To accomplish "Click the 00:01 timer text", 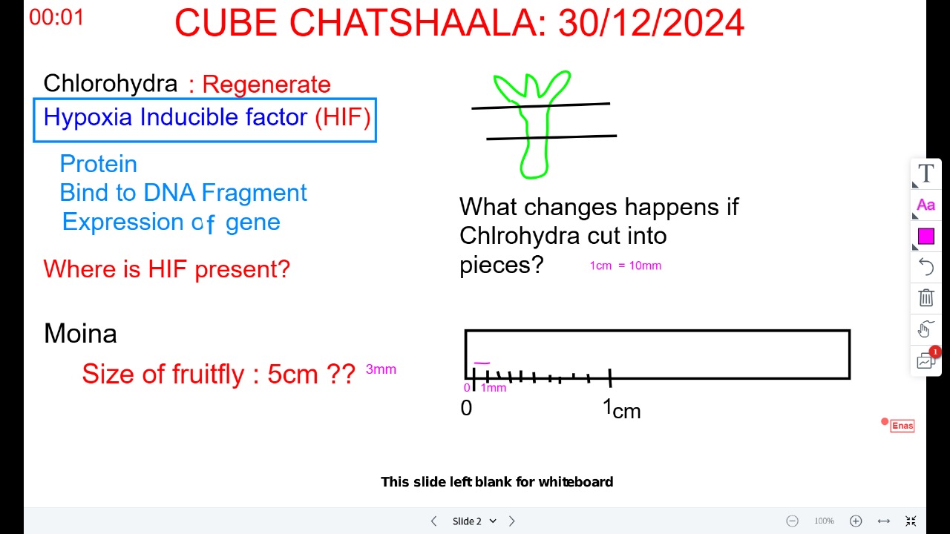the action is tap(56, 17).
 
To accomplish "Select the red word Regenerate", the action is tap(266, 84).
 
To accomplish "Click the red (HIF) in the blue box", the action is tap(343, 116).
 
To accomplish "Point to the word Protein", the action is tap(99, 164).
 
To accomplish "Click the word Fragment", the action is tap(254, 193).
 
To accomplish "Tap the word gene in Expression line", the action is tap(253, 222).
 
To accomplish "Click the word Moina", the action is tap(80, 334).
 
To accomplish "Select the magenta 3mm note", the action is tap(381, 369).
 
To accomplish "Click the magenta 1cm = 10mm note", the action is tap(626, 266).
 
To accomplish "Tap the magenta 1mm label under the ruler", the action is tap(494, 388).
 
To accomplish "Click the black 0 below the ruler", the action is tap(466, 408).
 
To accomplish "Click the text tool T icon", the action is tap(926, 174).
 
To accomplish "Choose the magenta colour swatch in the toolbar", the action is tap(926, 237).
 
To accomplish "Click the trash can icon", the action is tap(926, 297).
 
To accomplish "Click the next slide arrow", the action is tap(512, 521).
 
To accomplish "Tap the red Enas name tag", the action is tap(902, 426).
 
